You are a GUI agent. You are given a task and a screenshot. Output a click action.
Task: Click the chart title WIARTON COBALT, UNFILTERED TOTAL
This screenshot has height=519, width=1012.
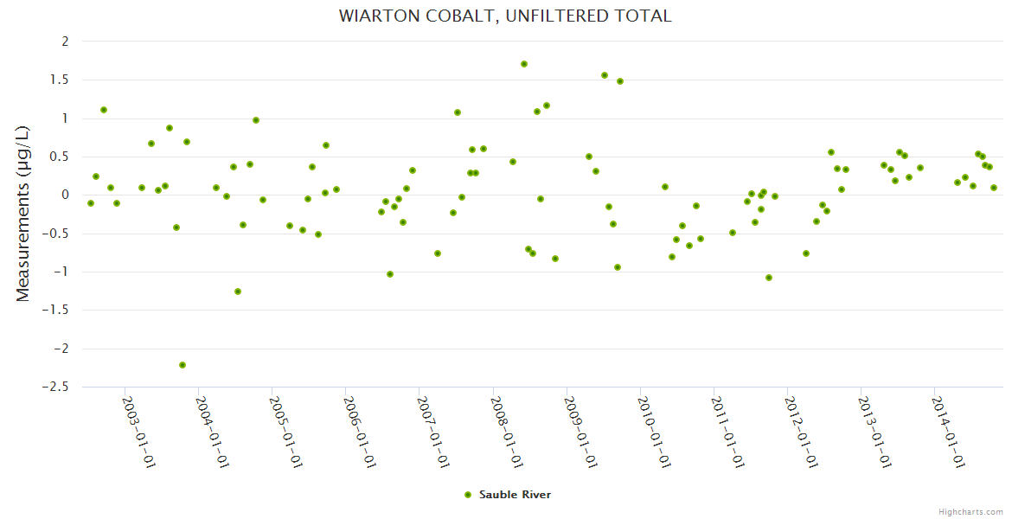pyautogui.click(x=505, y=16)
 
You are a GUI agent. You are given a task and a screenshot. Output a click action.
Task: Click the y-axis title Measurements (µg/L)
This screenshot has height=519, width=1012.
pyautogui.click(x=22, y=213)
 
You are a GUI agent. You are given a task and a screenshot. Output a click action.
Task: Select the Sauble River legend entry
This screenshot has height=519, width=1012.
pyautogui.click(x=514, y=495)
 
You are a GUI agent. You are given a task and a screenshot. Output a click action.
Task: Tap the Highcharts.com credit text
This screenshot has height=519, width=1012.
pyautogui.click(x=970, y=511)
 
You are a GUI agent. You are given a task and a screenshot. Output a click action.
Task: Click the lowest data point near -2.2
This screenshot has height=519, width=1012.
pyautogui.click(x=183, y=365)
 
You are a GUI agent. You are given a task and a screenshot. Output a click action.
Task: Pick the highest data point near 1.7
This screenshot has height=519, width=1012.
pyautogui.click(x=524, y=64)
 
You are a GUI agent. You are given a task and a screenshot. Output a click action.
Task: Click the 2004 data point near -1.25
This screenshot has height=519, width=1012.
pyautogui.click(x=238, y=292)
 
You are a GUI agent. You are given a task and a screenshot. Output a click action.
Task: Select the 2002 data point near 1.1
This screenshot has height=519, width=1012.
pyautogui.click(x=104, y=110)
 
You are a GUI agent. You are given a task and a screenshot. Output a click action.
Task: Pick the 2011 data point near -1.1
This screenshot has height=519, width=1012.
pyautogui.click(x=769, y=278)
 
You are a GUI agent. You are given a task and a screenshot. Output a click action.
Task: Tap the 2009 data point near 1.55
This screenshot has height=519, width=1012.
pyautogui.click(x=605, y=75)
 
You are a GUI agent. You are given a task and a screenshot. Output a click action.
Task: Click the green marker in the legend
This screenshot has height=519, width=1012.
pyautogui.click(x=468, y=495)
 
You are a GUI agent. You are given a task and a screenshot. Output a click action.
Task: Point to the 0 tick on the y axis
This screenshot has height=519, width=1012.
pyautogui.click(x=64, y=195)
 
